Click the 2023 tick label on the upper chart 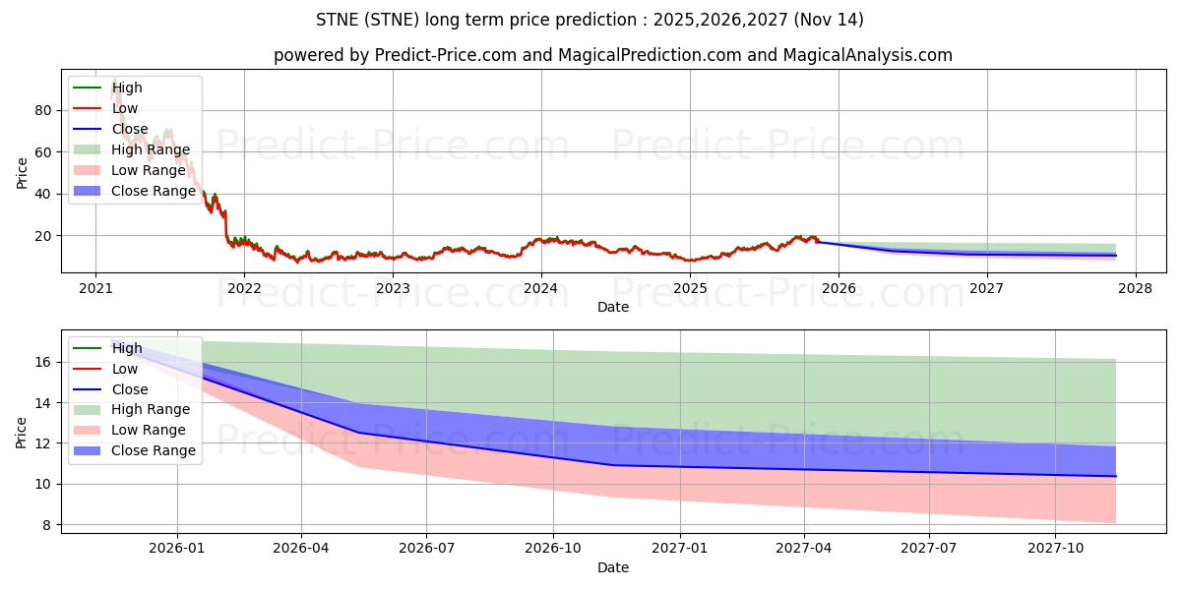click(393, 288)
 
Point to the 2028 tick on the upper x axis click(1135, 288)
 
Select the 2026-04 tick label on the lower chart click(301, 548)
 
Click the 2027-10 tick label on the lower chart click(1055, 548)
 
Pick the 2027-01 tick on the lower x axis click(679, 548)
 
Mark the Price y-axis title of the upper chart click(22, 172)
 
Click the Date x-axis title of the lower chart click(613, 567)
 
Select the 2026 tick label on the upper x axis click(839, 288)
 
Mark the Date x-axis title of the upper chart click(613, 307)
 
